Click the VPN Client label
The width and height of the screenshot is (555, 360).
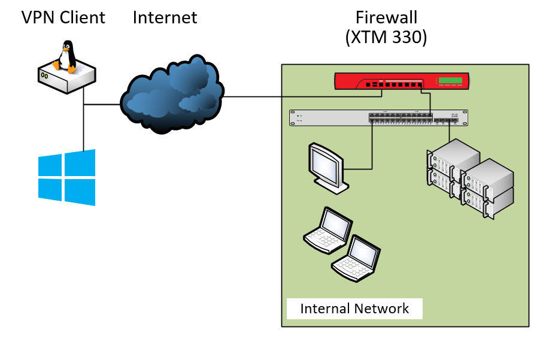coord(63,17)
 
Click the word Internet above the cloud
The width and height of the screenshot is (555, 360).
coord(165,17)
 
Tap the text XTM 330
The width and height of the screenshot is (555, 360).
coord(386,38)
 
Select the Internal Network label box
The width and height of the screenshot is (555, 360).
coord(354,308)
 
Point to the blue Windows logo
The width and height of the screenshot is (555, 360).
coord(66,177)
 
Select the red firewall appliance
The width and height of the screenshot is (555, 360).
coord(402,81)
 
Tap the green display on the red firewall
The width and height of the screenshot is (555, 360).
coord(451,81)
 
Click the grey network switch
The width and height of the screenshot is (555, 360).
coord(378,117)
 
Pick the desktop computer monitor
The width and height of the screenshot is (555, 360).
coord(327,168)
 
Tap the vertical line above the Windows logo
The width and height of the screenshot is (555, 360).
coord(84,129)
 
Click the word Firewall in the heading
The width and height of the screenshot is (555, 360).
coord(386,17)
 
